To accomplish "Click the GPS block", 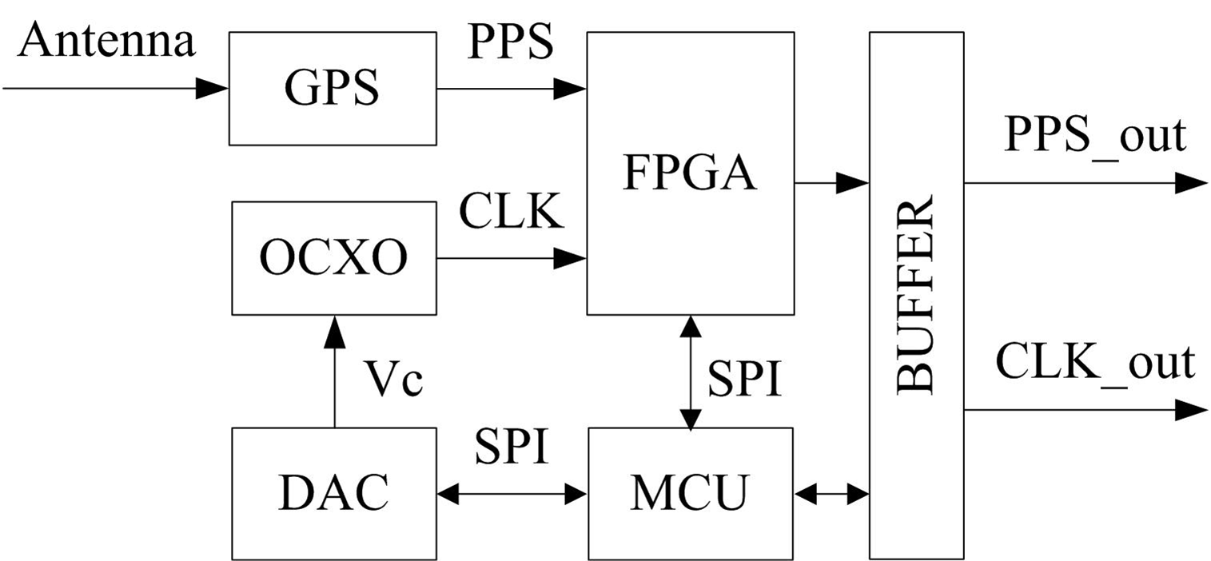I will pos(332,89).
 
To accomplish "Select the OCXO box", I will pos(333,258).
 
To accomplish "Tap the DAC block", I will pos(333,493).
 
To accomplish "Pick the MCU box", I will pos(691,493).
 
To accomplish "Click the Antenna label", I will pos(106,40).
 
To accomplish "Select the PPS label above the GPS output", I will pos(510,41).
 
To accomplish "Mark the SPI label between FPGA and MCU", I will pos(743,379).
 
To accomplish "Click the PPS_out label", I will pos(1094,136).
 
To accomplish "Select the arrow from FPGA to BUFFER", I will pos(831,183).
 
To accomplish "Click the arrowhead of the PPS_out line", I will pos(1191,183).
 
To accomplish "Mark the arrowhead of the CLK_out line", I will pos(1191,411).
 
